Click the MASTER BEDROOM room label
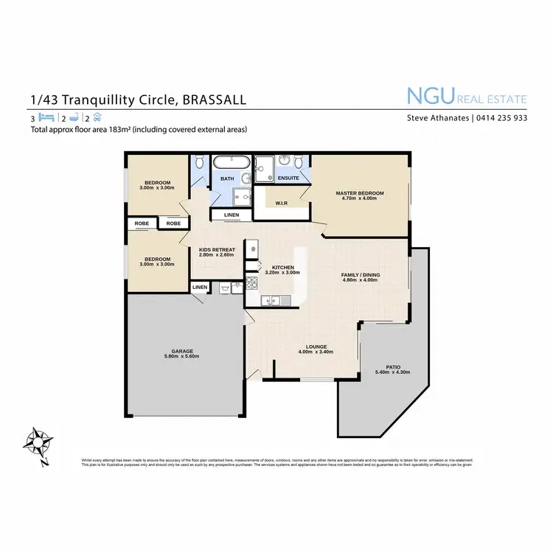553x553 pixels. (359, 193)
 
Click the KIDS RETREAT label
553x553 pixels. (218, 250)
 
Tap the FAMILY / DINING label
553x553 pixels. (361, 275)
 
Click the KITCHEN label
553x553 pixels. (283, 268)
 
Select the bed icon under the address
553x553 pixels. (46, 117)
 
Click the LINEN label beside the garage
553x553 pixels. (200, 287)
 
